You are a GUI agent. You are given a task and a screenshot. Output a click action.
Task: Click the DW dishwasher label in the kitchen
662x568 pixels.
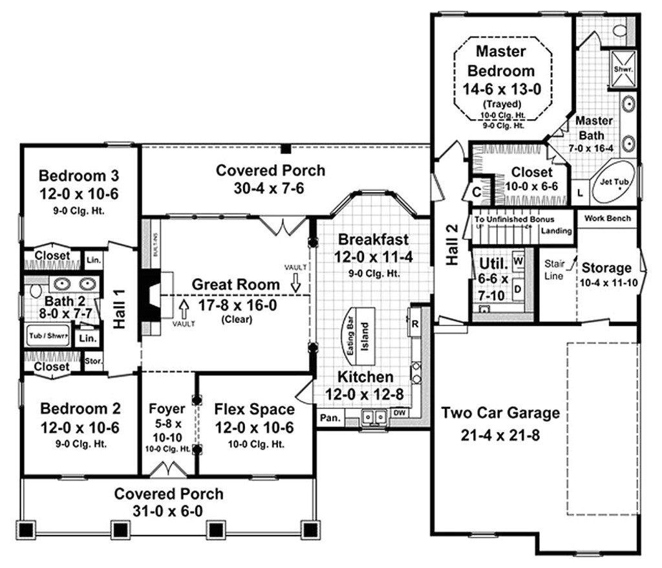coord(400,413)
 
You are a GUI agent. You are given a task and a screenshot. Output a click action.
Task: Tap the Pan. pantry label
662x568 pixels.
coord(329,419)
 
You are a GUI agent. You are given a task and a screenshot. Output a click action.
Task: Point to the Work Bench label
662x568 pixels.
coord(607,219)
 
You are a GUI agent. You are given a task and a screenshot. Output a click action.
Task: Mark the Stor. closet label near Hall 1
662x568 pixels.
coord(94,361)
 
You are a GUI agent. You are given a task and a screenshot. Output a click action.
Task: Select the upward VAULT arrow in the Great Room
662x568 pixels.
coord(183,304)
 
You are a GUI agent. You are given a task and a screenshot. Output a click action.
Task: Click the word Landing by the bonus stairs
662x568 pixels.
coord(556,231)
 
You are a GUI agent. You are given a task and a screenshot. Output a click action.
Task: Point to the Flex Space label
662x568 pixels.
coord(254,410)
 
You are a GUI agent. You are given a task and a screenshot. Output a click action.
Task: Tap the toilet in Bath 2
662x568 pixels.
coord(35,290)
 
